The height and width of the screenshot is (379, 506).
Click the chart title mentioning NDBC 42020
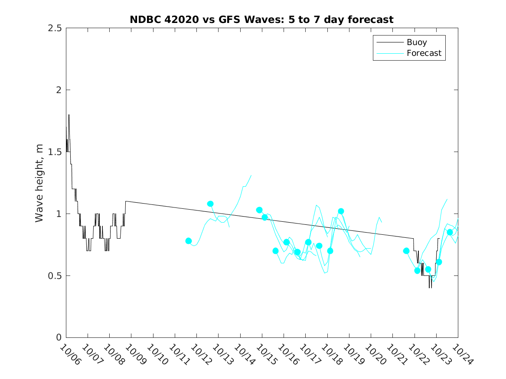coord(261,19)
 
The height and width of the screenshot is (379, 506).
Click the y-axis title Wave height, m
coord(39,183)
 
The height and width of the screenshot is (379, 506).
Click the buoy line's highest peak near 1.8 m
coord(69,115)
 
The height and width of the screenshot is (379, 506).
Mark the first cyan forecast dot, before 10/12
coord(189,241)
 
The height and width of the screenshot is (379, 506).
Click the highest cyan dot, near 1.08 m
coord(210,204)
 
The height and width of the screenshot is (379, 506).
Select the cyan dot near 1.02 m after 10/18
coord(341,211)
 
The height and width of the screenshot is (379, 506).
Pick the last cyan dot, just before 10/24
coord(450,232)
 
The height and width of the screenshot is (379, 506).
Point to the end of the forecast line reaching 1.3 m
coord(251,175)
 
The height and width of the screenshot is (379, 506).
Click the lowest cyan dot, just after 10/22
coord(418,271)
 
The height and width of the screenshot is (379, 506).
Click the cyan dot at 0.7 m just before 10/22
coord(406,251)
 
